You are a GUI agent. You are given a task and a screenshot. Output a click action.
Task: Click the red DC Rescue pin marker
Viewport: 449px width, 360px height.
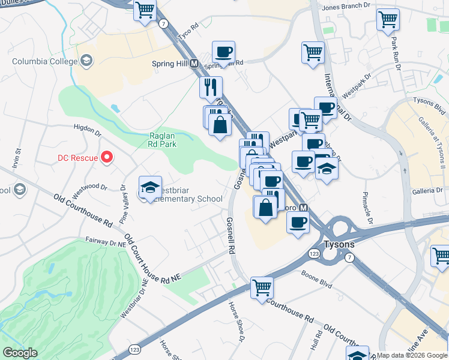pyautogui.click(x=107, y=158)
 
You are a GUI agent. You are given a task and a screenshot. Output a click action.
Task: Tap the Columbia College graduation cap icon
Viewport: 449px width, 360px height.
pyautogui.click(x=86, y=60)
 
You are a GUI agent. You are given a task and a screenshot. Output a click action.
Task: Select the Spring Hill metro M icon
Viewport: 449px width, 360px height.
pyautogui.click(x=194, y=63)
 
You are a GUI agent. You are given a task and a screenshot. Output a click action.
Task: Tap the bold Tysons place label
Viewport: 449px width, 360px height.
pyautogui.click(x=339, y=245)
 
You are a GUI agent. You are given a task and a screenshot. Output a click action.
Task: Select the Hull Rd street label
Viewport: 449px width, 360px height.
pyautogui.click(x=313, y=343)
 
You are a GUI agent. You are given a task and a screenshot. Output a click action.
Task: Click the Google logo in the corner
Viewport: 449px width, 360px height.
pyautogui.click(x=20, y=353)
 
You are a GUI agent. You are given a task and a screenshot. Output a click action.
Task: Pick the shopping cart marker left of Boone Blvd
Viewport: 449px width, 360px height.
pyautogui.click(x=262, y=287)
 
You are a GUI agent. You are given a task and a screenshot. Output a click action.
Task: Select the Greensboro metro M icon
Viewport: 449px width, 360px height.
pyautogui.click(x=304, y=208)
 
